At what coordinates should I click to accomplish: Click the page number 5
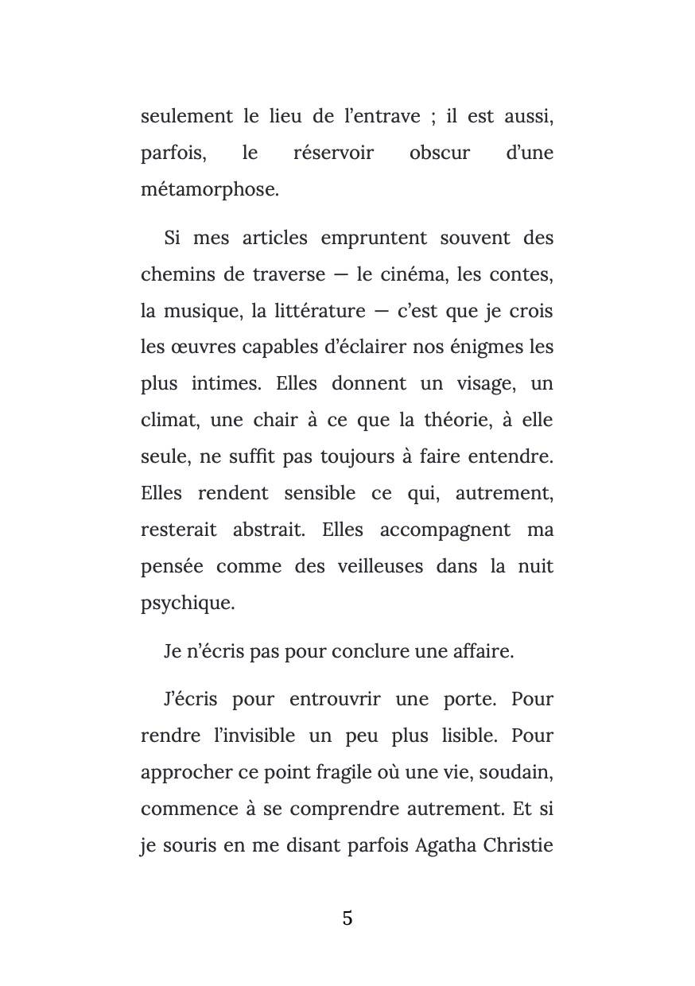pyautogui.click(x=347, y=918)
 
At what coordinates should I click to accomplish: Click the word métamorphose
pyautogui.click(x=210, y=190)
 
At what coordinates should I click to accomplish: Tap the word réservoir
pyautogui.click(x=333, y=153)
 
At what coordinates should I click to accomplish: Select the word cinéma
pyautogui.click(x=414, y=275)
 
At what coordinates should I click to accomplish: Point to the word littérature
pyautogui.click(x=318, y=312)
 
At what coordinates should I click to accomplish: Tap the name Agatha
pyautogui.click(x=445, y=845)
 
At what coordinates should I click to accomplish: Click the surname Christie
pyautogui.click(x=518, y=845)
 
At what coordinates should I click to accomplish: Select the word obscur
pyautogui.click(x=439, y=153)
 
